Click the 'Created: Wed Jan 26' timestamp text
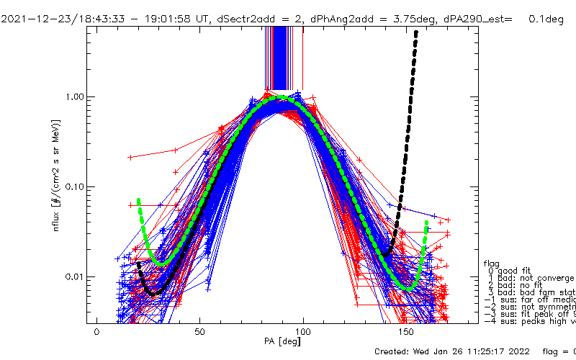tap(446, 351)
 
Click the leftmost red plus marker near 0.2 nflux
tap(130, 156)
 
